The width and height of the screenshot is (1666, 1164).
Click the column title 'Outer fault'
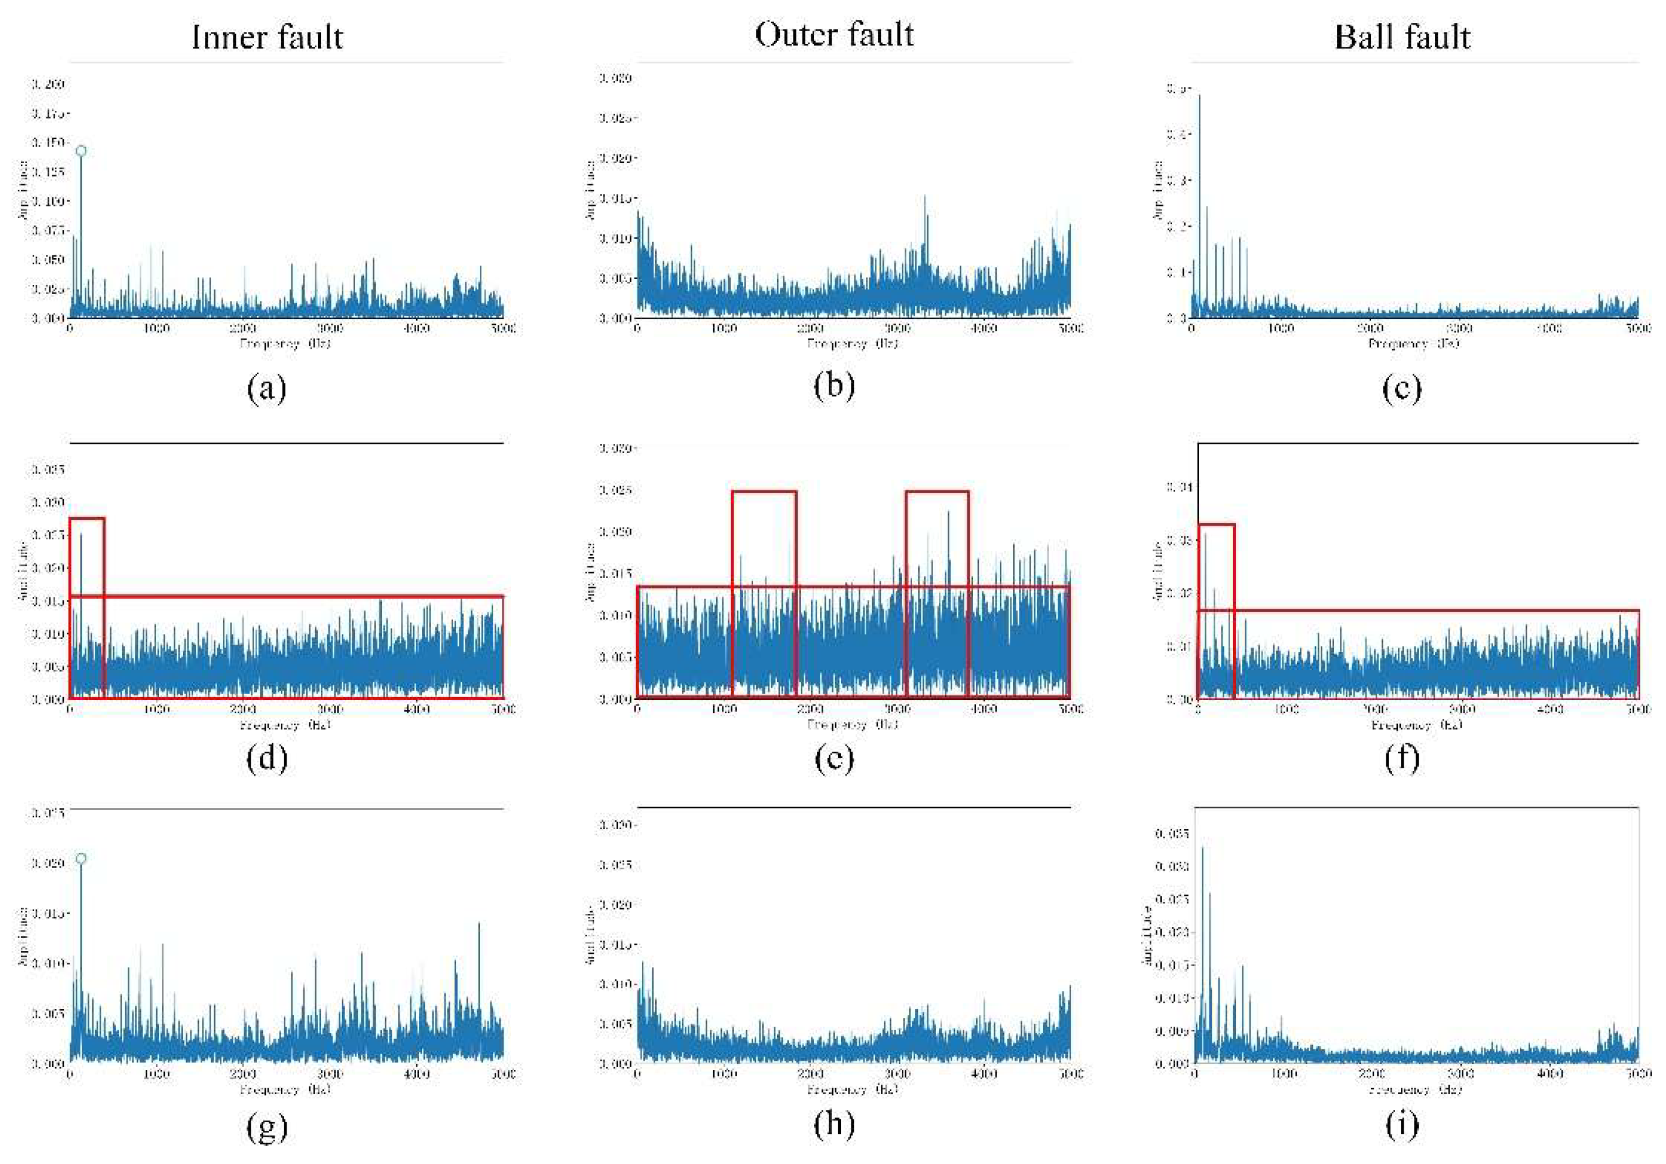tap(834, 35)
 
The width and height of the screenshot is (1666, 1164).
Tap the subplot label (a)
tap(267, 388)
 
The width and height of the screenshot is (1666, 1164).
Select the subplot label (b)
tap(834, 385)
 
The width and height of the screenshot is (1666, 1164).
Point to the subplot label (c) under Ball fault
tap(1402, 388)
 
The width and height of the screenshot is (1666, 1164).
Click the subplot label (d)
tap(267, 758)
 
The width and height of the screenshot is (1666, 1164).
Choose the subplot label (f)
tap(1402, 758)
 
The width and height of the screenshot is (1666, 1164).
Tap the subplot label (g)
tap(267, 1127)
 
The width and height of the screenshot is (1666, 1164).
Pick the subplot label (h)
tap(834, 1124)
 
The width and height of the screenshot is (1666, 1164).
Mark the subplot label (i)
tap(1402, 1124)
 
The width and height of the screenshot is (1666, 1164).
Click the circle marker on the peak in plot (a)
tap(81, 151)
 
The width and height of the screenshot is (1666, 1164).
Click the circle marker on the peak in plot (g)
tap(81, 858)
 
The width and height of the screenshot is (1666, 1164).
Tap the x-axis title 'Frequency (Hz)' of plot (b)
tap(852, 344)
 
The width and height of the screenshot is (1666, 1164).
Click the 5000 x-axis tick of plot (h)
tap(1070, 1073)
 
